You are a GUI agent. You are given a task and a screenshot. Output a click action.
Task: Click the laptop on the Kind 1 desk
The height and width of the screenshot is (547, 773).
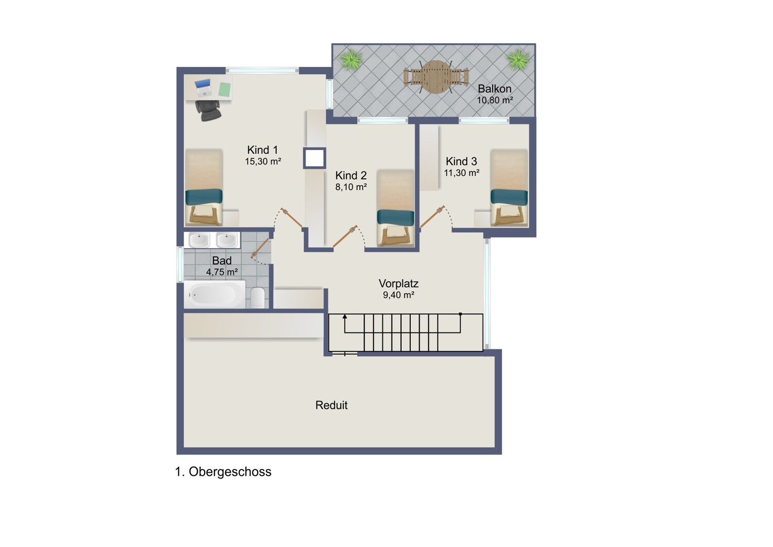tap(203, 88)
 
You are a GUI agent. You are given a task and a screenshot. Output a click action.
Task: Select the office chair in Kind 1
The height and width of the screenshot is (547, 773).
tap(208, 110)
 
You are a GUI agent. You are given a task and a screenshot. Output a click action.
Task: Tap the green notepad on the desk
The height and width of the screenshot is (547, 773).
tap(225, 89)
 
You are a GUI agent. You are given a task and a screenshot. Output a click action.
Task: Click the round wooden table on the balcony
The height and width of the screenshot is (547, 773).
tap(436, 77)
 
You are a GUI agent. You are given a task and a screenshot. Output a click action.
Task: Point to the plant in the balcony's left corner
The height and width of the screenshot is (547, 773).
tap(351, 60)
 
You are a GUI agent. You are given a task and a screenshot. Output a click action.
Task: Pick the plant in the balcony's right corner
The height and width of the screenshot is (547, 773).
tap(517, 60)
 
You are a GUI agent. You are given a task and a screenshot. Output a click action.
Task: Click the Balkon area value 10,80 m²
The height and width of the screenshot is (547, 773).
tap(495, 100)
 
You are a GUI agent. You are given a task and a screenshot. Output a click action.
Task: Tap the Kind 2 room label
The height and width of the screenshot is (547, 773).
tap(351, 175)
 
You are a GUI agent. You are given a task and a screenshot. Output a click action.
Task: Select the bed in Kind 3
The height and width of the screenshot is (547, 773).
tap(509, 188)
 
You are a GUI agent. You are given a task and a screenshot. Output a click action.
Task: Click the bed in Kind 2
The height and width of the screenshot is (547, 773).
tap(395, 208)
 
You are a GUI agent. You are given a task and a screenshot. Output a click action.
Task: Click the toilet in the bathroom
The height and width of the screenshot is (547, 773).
tap(258, 297)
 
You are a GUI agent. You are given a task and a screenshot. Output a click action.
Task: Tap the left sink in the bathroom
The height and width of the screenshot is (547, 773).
tap(199, 240)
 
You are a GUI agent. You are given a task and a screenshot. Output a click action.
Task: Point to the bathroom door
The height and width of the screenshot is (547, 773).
tap(260, 248)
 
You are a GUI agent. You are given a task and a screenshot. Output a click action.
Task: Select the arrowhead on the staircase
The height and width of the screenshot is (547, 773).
tap(344, 316)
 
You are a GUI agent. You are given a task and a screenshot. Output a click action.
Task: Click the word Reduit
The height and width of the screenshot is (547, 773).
tap(331, 405)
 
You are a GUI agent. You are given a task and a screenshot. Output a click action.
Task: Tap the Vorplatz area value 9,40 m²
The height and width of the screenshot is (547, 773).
tap(398, 295)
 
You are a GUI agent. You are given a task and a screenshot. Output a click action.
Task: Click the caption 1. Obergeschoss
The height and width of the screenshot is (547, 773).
tap(223, 472)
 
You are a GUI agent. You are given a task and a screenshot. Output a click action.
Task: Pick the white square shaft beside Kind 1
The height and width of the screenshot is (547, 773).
tap(314, 158)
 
